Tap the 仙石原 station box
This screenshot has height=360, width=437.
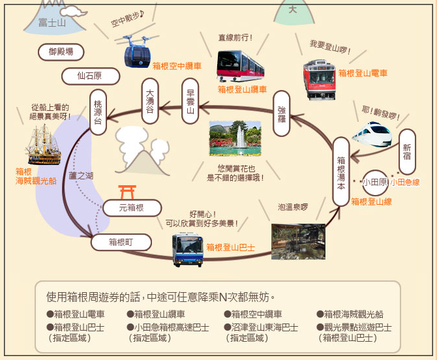click(x=90, y=76)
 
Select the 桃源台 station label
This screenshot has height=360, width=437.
click(x=98, y=113)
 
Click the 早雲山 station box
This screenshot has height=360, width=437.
click(x=190, y=101)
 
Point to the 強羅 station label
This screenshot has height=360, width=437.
click(x=281, y=113)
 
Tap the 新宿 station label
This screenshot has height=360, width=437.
click(x=408, y=148)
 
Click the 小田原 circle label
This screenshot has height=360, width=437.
click(x=375, y=182)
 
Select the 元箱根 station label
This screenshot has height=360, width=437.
click(x=131, y=208)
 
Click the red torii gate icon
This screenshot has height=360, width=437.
click(x=127, y=192)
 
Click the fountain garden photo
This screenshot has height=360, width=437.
click(x=235, y=138)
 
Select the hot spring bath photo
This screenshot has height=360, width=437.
click(x=298, y=241)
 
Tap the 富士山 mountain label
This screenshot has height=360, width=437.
click(x=52, y=23)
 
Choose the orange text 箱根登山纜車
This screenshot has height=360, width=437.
click(x=242, y=89)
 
